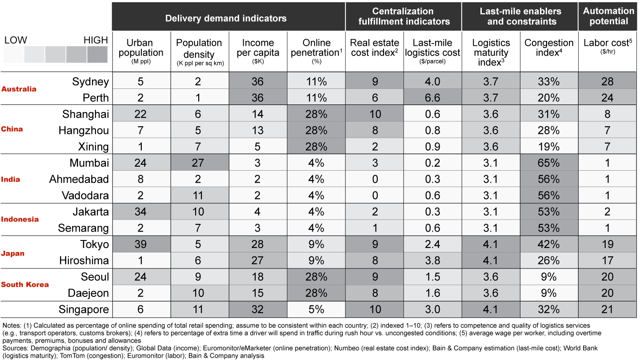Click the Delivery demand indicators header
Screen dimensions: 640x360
pos(226,18)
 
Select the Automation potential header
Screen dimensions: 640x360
pos(608,16)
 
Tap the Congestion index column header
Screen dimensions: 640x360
pos(549,48)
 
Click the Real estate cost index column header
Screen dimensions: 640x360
pos(374,48)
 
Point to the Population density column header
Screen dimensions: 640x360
pos(199,48)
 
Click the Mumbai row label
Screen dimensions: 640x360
pos(89,163)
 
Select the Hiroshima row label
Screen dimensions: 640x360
pos(84,260)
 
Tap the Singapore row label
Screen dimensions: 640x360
pos(84,310)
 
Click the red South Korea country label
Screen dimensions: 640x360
pos(25,284)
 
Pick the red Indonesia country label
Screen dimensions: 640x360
pos(20,219)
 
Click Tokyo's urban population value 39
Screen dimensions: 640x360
pos(140,244)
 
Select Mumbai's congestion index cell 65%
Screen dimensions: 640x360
pos(548,163)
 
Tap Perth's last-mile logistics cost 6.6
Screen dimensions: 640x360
pos(432,98)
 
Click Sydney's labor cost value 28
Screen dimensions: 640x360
pos(608,81)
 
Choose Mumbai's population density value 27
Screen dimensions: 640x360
pos(198,163)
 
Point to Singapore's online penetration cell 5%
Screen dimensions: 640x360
pos(316,309)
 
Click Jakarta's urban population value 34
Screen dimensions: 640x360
pos(140,212)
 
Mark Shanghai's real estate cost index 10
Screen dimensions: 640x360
pos(375,114)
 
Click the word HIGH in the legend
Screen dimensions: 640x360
pos(96,40)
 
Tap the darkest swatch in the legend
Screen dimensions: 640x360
pos(97,54)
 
